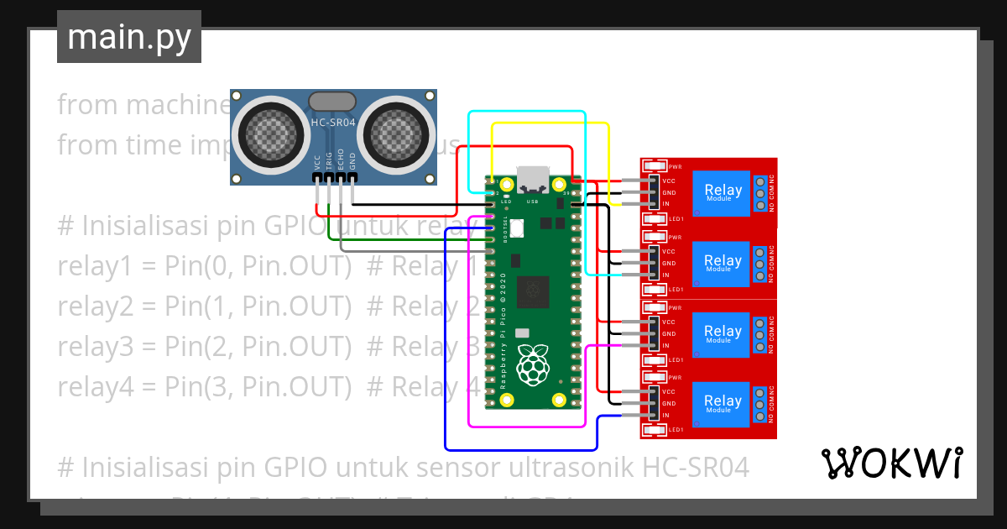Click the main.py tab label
(128, 37)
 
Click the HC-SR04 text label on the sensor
(333, 123)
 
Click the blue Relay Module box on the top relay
(723, 193)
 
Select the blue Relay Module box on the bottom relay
(723, 404)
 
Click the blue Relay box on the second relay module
(723, 264)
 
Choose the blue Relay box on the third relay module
(723, 334)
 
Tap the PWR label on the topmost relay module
(675, 167)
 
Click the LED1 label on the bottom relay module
(676, 430)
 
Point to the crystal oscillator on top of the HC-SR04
(333, 102)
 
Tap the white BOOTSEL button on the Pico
(517, 227)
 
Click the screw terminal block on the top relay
(760, 193)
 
